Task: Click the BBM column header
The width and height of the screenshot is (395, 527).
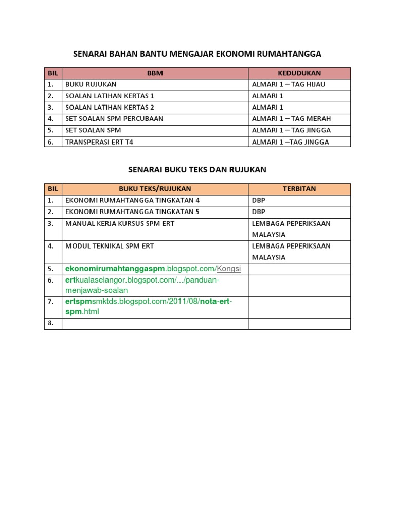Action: pos(155,73)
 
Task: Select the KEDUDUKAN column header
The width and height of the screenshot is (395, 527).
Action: pos(299,73)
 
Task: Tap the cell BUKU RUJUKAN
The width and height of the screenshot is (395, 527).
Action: pos(91,84)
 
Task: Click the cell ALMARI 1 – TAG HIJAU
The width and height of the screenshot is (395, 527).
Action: pos(289,84)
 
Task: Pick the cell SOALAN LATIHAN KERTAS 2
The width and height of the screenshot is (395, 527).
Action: pos(110,107)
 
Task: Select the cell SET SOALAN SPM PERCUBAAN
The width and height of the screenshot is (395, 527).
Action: pos(114,118)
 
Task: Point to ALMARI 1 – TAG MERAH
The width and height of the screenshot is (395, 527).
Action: pos(291,118)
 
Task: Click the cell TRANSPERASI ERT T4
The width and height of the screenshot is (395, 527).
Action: pos(99,142)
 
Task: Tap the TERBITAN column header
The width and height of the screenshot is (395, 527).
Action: pos(299,189)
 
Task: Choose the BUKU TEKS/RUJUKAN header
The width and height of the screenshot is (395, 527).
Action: pos(155,189)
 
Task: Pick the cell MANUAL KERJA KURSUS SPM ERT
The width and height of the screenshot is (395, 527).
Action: pos(120,223)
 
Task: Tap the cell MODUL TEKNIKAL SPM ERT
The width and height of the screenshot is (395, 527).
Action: pos(110,246)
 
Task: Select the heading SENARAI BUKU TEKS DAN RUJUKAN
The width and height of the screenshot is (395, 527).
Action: pos(197,169)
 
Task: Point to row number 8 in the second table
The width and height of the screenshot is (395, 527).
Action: pos(50,323)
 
